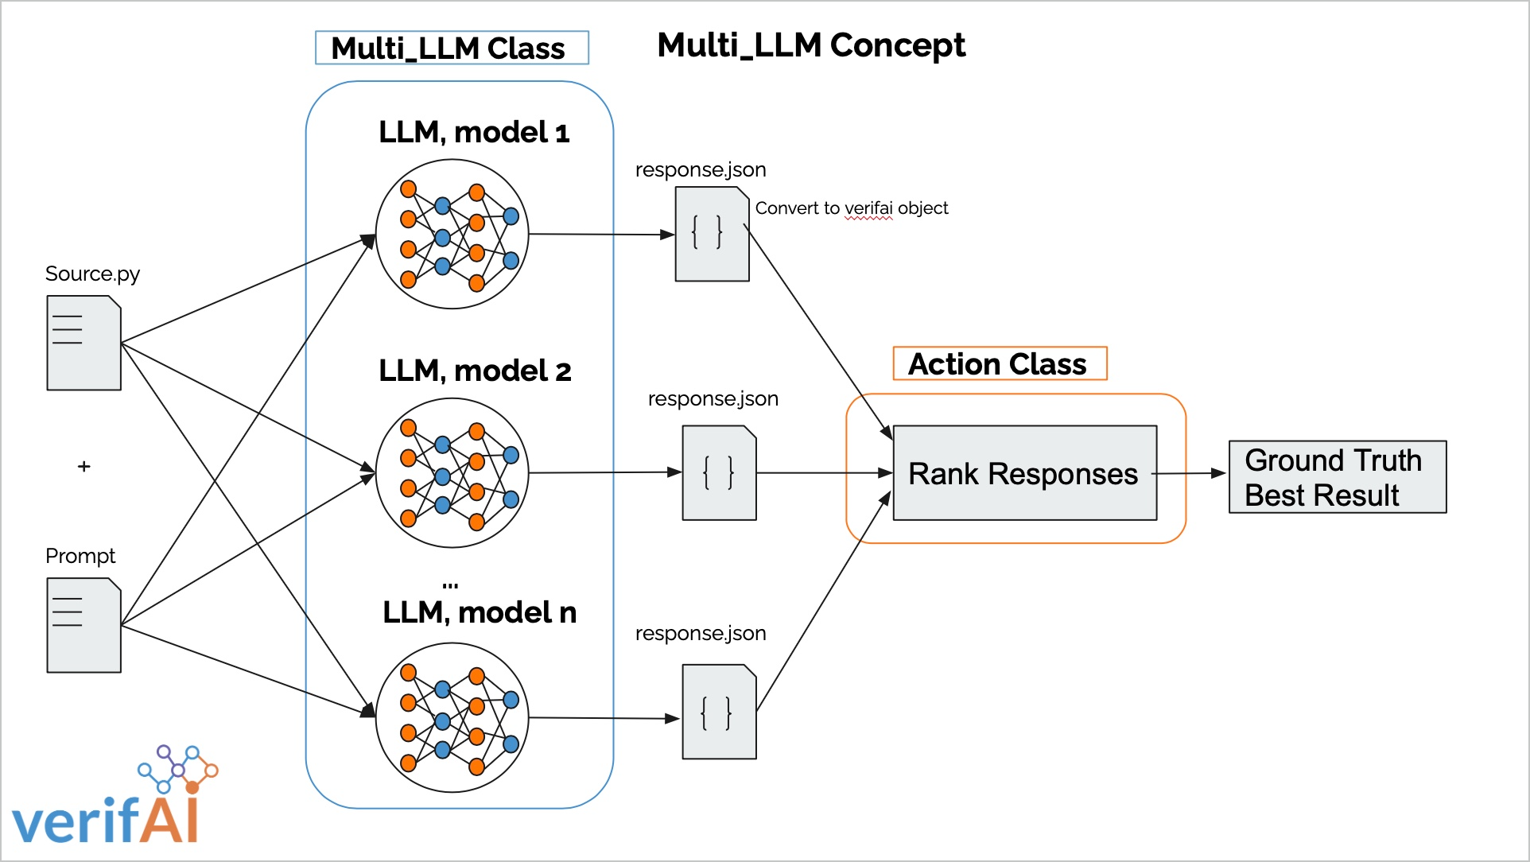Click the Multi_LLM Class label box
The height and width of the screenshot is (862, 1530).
tap(452, 48)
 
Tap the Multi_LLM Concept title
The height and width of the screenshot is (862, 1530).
tap(811, 45)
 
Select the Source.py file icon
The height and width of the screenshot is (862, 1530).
tap(83, 343)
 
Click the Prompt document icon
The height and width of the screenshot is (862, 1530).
tap(83, 625)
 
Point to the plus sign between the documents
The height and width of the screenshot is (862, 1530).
tap(84, 467)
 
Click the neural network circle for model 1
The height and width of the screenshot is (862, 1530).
tap(452, 234)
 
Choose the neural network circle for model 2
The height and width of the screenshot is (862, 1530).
tap(452, 472)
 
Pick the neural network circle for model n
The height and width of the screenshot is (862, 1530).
tap(452, 717)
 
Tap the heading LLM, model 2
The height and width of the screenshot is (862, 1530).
tap(475, 371)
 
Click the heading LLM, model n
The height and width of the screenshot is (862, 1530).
tap(480, 612)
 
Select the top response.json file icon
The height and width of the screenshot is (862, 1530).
tap(712, 234)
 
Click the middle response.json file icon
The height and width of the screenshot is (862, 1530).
tap(719, 473)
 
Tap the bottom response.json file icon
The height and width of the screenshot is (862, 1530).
tap(719, 712)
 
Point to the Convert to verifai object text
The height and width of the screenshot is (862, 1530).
tap(852, 208)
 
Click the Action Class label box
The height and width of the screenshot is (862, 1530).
tap(1000, 363)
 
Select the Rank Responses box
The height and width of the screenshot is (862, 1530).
tap(1024, 473)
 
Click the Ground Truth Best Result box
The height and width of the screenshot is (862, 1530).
tap(1337, 477)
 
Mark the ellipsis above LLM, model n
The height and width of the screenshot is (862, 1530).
tap(450, 585)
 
